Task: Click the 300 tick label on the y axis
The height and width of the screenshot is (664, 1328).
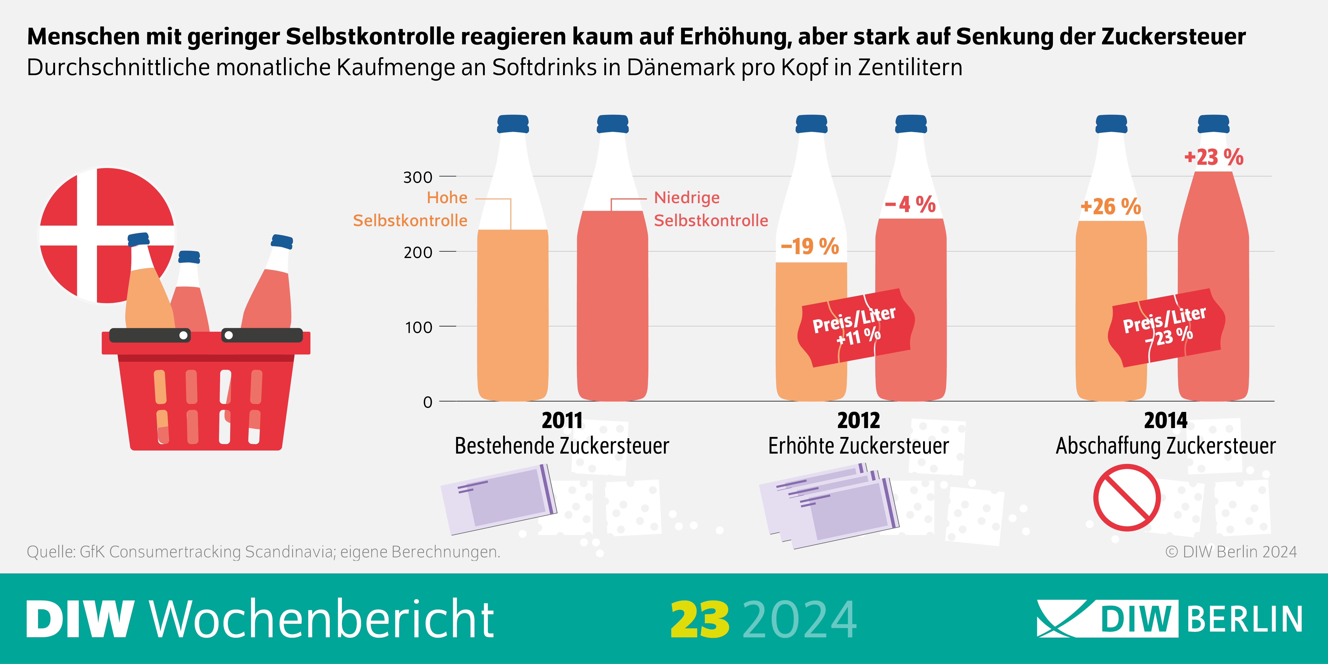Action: tap(418, 177)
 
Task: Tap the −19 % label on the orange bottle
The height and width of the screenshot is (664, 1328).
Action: tap(810, 246)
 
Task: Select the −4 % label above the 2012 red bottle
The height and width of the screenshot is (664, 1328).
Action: tap(910, 205)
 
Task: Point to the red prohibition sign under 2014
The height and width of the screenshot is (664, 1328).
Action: tap(1127, 497)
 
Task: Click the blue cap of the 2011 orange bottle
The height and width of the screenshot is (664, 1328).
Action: tap(513, 124)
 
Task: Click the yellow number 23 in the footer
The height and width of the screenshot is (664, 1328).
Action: tap(700, 620)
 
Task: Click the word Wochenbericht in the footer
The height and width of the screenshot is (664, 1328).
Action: tap(322, 620)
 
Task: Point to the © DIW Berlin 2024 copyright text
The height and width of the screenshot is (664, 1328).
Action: tap(1231, 552)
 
